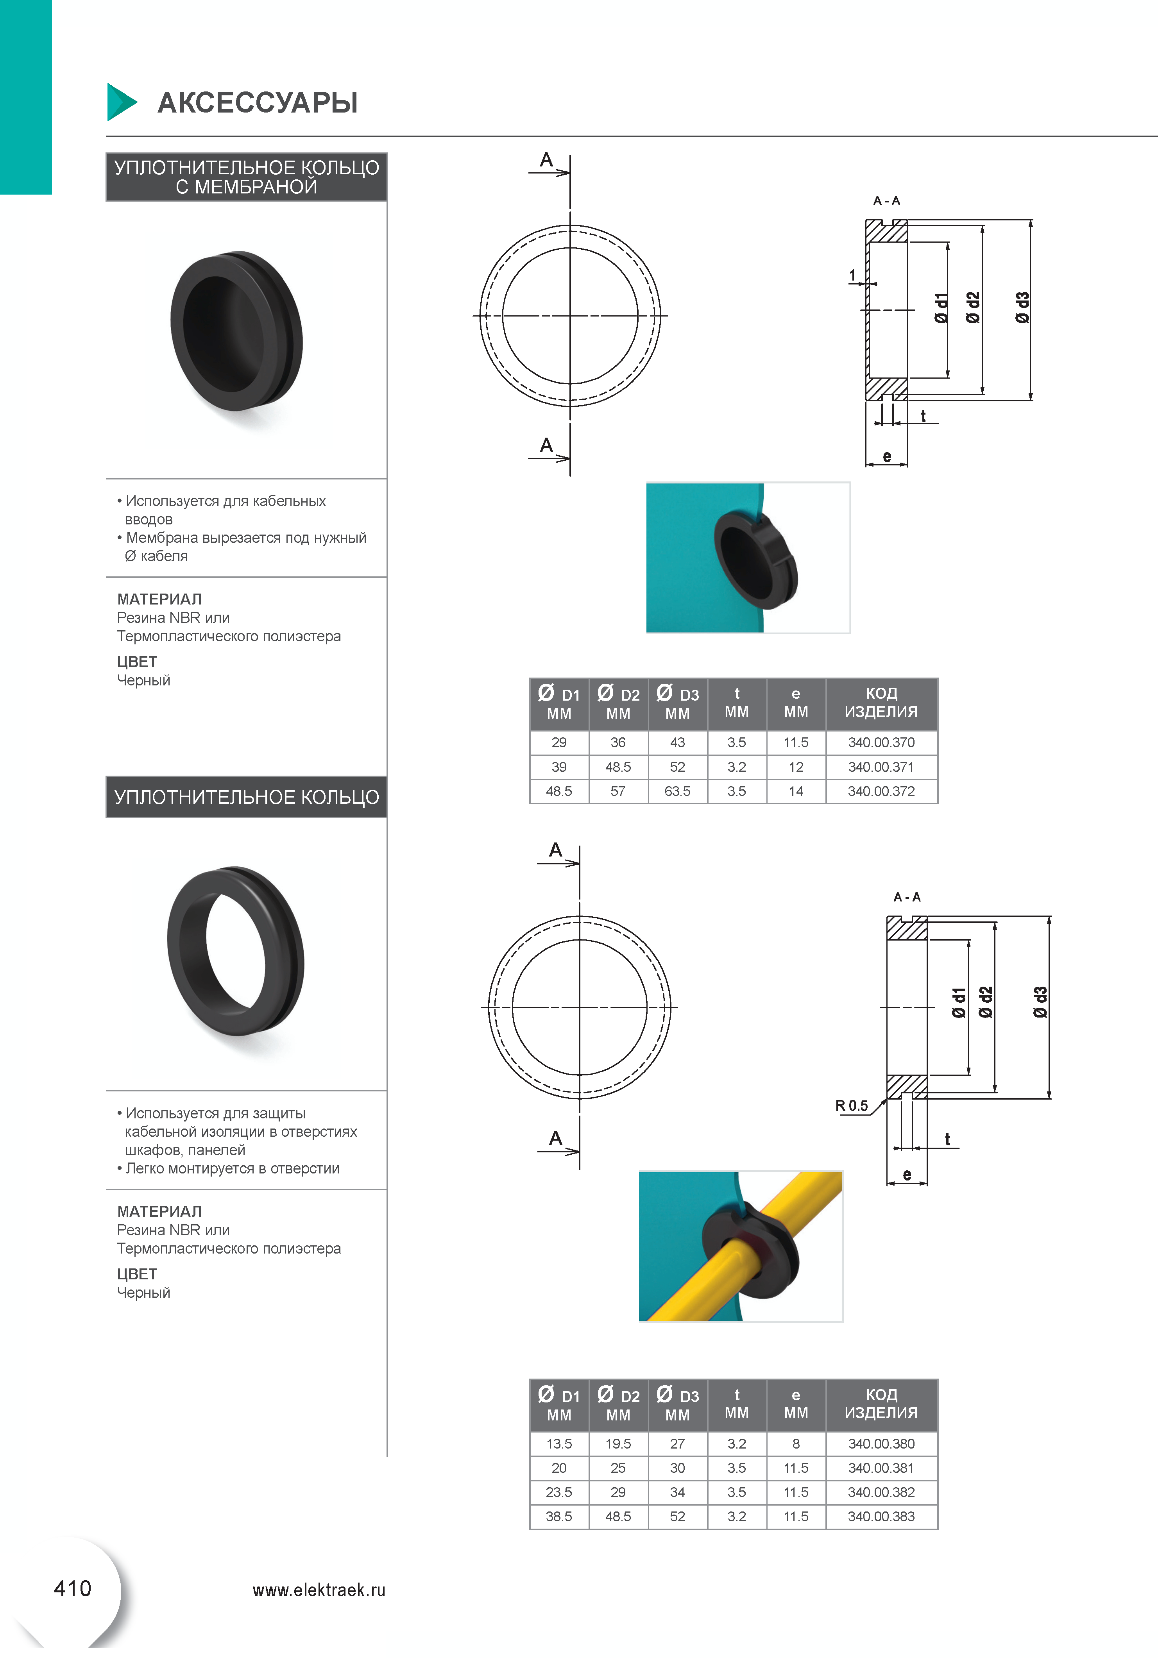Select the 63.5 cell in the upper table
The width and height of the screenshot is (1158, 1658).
coord(677,791)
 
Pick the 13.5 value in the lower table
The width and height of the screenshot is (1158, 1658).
coord(559,1443)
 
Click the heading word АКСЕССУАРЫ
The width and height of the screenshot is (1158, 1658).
coord(258,102)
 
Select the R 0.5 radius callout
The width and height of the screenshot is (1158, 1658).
coord(852,1105)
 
